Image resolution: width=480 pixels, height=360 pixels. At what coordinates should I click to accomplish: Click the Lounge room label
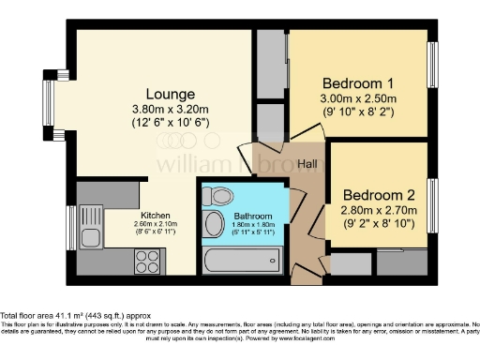coord(170,95)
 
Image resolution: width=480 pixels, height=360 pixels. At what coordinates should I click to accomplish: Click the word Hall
coord(307,164)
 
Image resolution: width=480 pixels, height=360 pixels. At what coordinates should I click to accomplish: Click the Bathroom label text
coord(253,215)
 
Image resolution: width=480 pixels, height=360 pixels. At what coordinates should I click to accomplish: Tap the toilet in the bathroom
coord(219,198)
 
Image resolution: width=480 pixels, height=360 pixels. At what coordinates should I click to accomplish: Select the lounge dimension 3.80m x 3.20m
coord(170,111)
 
